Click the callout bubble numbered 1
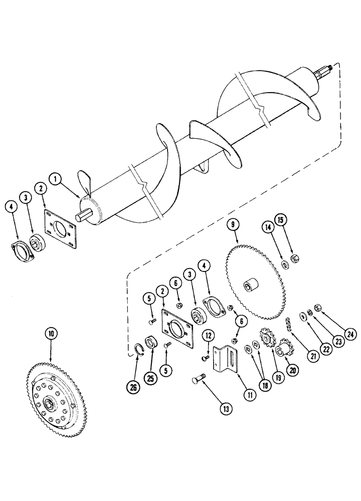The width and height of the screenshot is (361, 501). pyautogui.click(x=57, y=178)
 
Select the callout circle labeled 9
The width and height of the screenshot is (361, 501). pyautogui.click(x=233, y=225)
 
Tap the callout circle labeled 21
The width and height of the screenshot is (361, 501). pyautogui.click(x=314, y=356)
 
